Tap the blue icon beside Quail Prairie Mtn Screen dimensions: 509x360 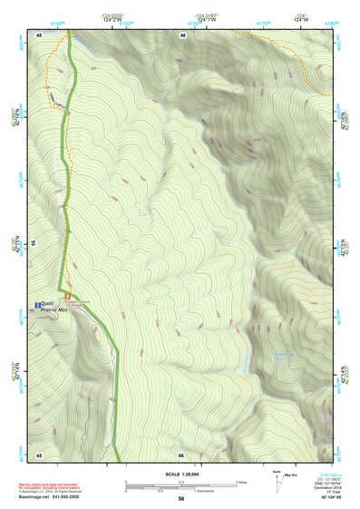tap(37, 303)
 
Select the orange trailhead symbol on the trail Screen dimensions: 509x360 tap(66, 297)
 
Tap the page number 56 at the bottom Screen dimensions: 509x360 tap(181, 498)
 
